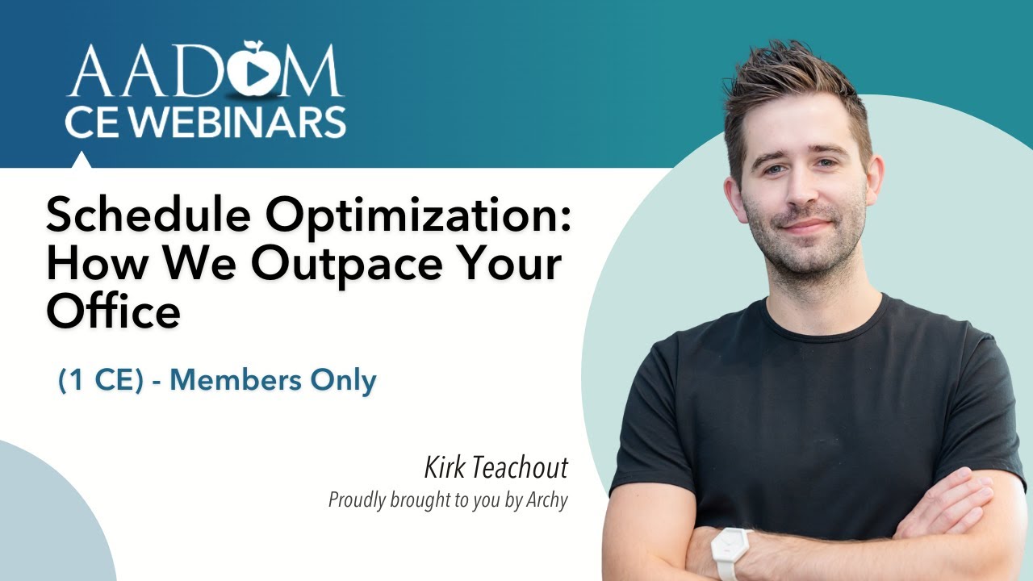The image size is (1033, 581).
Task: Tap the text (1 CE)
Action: pos(101,381)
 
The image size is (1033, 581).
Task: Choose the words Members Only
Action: pos(274,381)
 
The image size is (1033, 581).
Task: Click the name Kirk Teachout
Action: pos(496,468)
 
